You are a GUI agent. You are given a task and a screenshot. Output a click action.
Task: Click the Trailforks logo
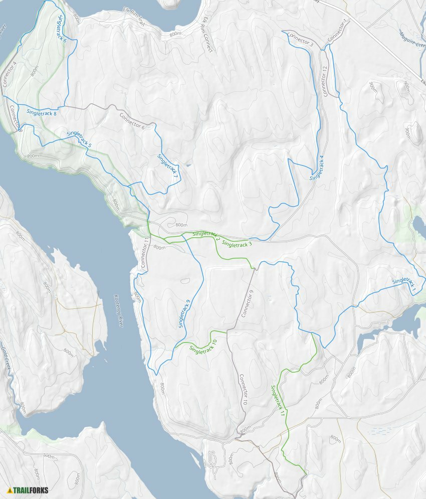(x=28, y=490)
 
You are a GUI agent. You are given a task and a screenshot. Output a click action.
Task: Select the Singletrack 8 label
(x=42, y=113)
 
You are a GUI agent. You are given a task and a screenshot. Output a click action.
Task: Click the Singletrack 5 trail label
(x=79, y=138)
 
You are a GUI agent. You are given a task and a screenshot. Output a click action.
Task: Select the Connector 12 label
(x=324, y=81)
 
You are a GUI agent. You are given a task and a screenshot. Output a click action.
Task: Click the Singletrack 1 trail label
(x=404, y=285)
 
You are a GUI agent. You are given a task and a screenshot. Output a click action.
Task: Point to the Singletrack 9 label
(x=184, y=314)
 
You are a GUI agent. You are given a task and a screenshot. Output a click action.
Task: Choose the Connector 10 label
(x=243, y=390)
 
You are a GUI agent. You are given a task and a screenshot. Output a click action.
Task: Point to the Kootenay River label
(x=118, y=311)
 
